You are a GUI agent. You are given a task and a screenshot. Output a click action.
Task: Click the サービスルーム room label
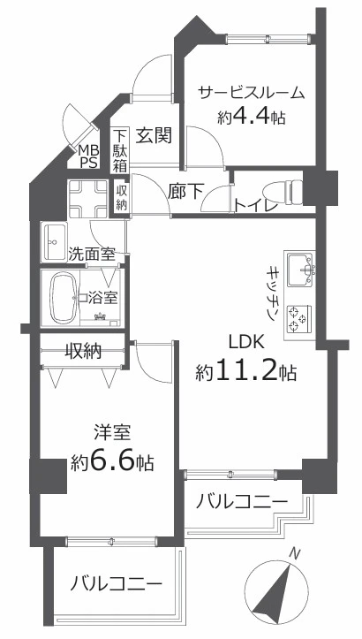pos(252,94)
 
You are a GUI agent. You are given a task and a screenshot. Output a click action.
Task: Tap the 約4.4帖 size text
pos(251,118)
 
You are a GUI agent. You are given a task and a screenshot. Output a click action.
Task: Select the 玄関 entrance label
pos(154,135)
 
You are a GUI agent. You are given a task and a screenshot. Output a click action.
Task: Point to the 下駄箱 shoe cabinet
pos(120,150)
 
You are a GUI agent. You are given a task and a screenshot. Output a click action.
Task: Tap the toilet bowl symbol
pos(283,192)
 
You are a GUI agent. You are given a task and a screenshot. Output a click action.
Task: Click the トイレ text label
pos(257,205)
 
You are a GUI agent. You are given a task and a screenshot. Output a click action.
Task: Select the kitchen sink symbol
pos(300,270)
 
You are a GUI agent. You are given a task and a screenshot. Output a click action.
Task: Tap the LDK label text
pos(246,342)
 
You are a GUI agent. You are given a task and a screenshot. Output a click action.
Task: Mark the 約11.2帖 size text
pos(246,372)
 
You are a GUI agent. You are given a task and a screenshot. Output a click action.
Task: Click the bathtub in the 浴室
pos(63,298)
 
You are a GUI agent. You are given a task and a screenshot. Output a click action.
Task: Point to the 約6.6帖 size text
pos(112,462)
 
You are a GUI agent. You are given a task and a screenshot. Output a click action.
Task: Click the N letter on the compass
pos(295,554)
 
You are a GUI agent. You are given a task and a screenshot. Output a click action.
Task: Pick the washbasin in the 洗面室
pos(54,242)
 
